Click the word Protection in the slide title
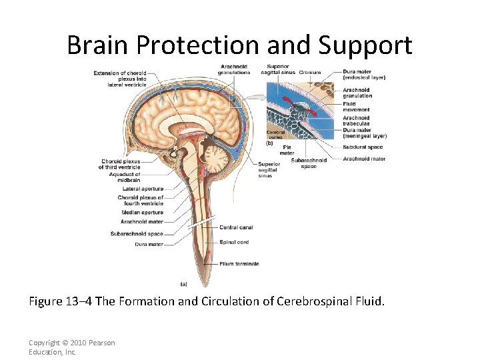197,45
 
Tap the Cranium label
310,73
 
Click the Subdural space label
363,147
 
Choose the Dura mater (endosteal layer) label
364,75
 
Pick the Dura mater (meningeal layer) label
364,133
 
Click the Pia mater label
287,149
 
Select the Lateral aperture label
143,189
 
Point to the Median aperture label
143,213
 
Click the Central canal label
237,227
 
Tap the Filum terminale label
239,264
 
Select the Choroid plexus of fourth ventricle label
141,201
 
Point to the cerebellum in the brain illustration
219,158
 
